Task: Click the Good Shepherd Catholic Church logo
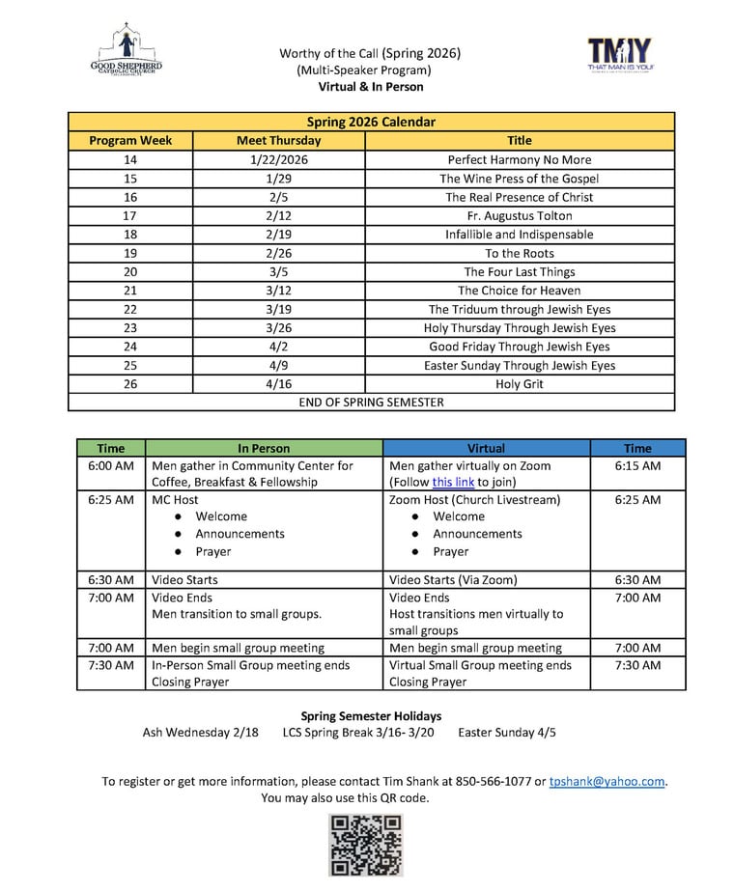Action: (126, 54)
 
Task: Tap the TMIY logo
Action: (619, 55)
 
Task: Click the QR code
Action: (366, 845)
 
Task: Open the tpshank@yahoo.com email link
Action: (607, 781)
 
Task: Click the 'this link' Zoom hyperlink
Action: (454, 482)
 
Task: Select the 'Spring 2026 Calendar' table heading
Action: (371, 122)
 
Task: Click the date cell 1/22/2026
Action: (279, 159)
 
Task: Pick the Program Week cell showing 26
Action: (130, 383)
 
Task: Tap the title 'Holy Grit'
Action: (520, 383)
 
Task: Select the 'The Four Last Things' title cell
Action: (520, 271)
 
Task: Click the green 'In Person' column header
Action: (264, 448)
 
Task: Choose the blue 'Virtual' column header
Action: (486, 448)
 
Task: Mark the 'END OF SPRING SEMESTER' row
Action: (371, 402)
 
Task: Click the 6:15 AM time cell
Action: (637, 465)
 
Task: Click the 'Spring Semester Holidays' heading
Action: (371, 715)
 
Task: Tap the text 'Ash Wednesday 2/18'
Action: (200, 732)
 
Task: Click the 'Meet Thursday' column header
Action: (279, 140)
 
